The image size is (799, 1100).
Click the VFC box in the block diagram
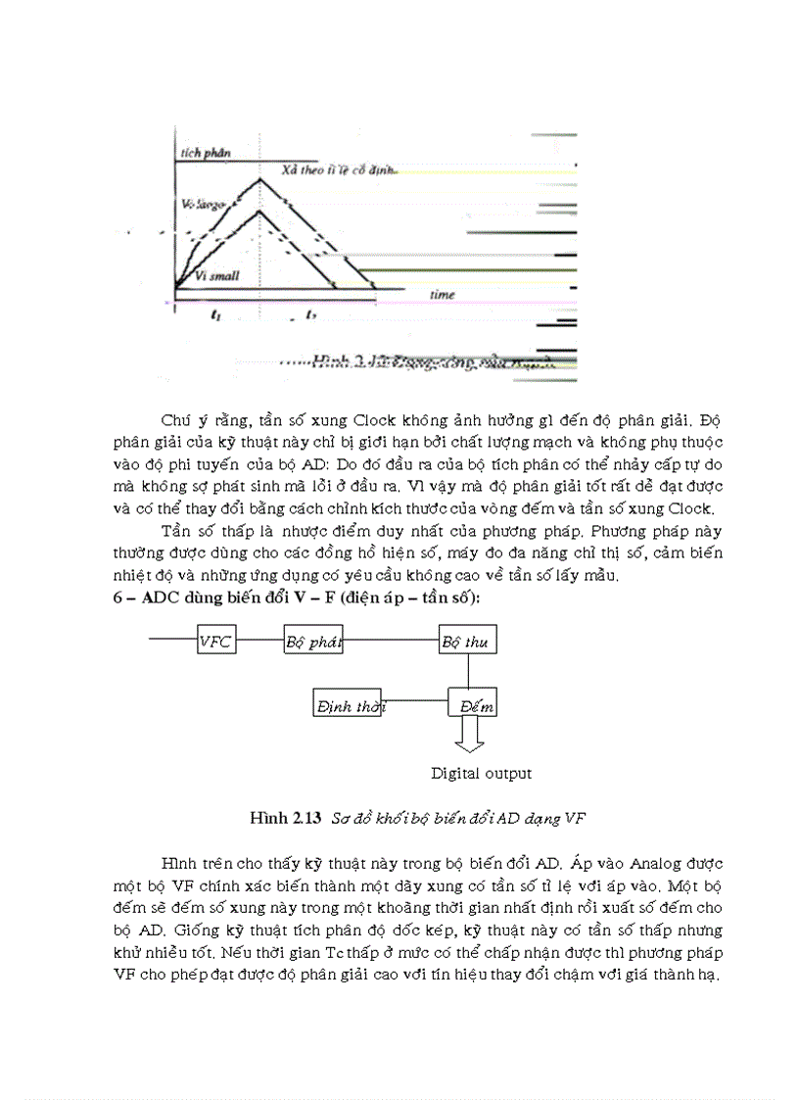tap(216, 642)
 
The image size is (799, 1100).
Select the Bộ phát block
tap(313, 642)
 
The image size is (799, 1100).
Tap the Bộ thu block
tap(468, 642)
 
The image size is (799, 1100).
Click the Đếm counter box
tap(471, 705)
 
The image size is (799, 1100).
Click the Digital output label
tap(481, 774)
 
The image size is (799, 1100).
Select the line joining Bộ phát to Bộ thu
tap(391, 642)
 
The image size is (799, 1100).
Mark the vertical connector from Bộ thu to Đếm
tap(469, 672)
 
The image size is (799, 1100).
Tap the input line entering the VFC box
tap(172, 642)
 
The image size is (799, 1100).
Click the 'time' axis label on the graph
tap(443, 294)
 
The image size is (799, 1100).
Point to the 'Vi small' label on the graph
tap(217, 277)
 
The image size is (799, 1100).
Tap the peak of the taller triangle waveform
tap(258, 178)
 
